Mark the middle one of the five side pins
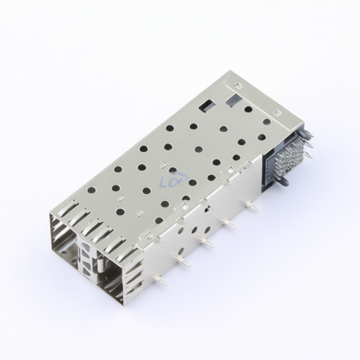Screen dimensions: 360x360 click(206, 243)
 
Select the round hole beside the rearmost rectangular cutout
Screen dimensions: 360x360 click(248, 110)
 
